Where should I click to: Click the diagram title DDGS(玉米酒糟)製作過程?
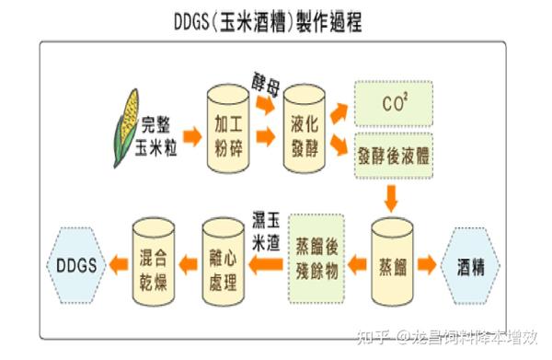pyautogui.click(x=267, y=22)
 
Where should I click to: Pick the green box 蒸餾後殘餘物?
pyautogui.click(x=316, y=258)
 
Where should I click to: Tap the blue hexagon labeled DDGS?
pyautogui.click(x=75, y=264)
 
